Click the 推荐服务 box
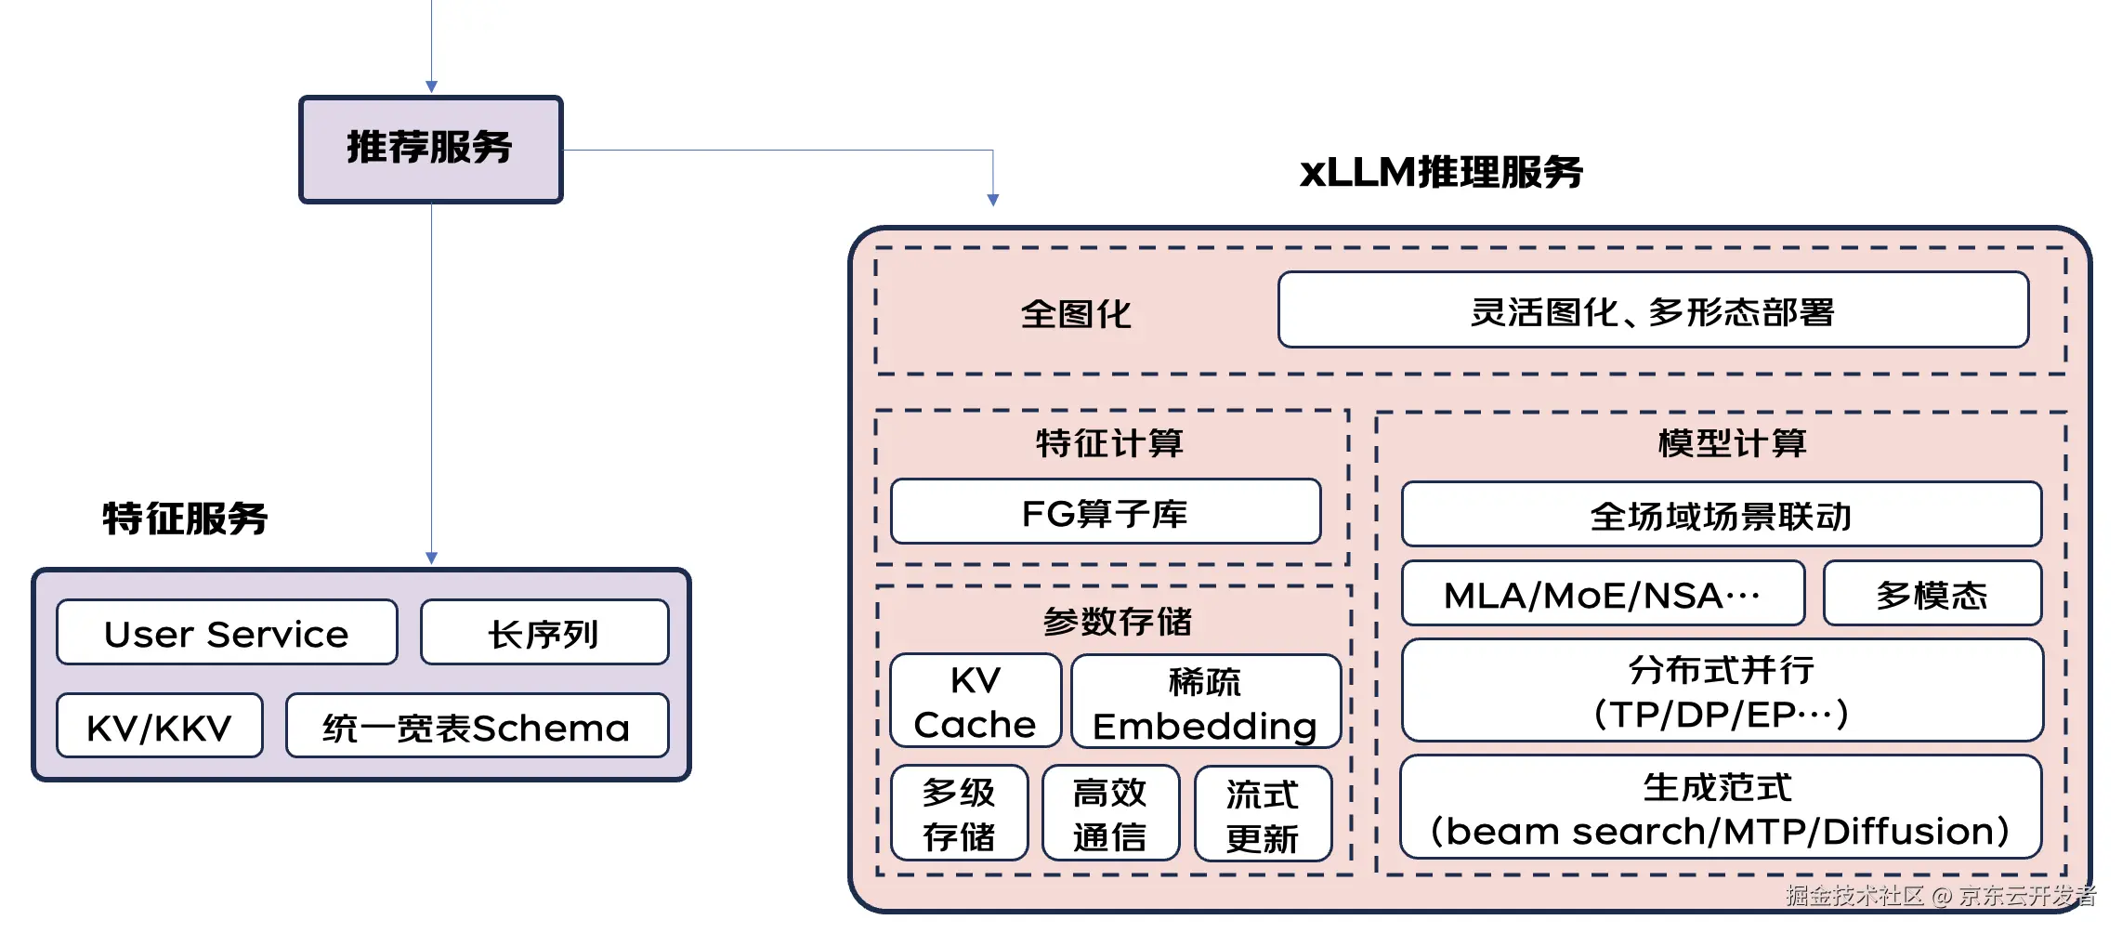tap(430, 149)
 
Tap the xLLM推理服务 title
tap(1441, 173)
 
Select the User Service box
tap(227, 633)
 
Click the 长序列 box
tap(544, 633)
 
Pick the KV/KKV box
tap(159, 727)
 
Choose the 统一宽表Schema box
tap(477, 727)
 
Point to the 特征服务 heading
tap(185, 519)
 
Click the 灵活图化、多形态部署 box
tap(1653, 310)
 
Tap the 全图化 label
tap(1076, 314)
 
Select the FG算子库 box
tap(1105, 512)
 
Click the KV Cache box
tap(976, 702)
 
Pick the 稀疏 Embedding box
tap(1205, 703)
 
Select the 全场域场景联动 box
tap(1721, 515)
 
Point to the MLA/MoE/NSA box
tap(1603, 594)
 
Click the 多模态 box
tap(1932, 594)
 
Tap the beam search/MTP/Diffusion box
tap(1721, 808)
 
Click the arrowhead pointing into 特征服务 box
tap(431, 558)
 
